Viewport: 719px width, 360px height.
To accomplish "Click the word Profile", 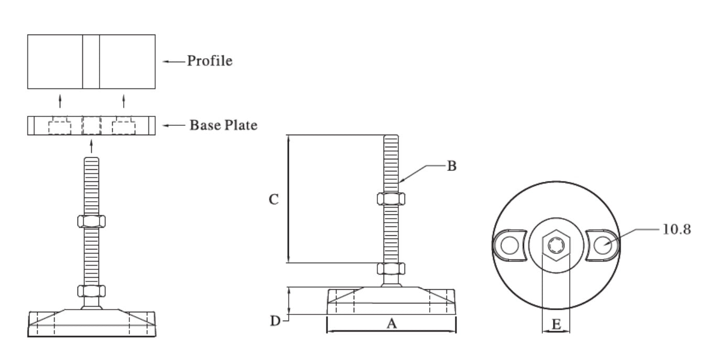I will point(210,61).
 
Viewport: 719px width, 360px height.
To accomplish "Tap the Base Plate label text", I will point(224,126).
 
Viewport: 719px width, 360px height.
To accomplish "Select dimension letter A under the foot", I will point(391,324).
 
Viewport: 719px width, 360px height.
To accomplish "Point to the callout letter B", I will point(452,167).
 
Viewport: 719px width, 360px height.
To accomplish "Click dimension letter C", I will point(274,200).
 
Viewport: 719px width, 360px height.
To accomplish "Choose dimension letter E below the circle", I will point(557,325).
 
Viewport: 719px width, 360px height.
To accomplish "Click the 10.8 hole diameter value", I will point(676,230).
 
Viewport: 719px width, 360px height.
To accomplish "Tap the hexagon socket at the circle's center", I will point(555,244).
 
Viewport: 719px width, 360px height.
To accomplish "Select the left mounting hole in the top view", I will point(509,244).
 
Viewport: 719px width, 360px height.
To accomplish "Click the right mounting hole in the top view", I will point(602,244).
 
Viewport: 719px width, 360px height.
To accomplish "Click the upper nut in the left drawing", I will point(92,221).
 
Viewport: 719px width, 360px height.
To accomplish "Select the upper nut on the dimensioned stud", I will point(390,199).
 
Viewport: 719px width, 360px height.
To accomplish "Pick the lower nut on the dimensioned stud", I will point(390,269).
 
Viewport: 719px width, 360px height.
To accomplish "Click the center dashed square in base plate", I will point(92,126).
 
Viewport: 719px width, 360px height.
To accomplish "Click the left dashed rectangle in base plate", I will point(60,127).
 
